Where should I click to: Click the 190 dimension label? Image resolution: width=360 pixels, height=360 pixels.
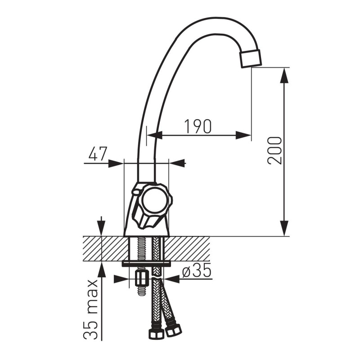198,126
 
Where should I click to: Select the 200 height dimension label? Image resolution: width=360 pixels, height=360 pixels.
274,150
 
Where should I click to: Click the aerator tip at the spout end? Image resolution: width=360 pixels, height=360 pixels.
251,58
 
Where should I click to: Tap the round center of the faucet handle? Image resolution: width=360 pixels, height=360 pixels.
153,200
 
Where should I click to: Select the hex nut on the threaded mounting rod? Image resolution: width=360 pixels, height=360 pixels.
141,278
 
